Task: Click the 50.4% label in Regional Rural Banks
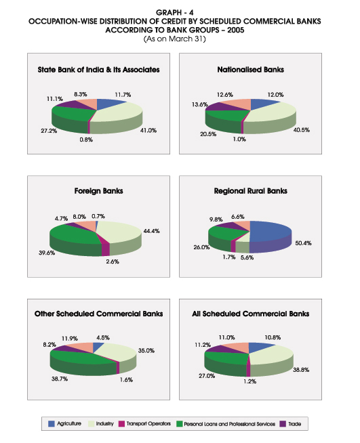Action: click(303, 243)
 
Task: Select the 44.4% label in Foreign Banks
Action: click(151, 231)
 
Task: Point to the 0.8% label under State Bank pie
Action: click(86, 140)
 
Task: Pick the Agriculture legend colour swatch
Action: click(51, 424)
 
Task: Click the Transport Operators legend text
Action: click(148, 424)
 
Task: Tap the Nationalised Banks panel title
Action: click(251, 70)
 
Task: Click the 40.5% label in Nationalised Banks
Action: click(302, 130)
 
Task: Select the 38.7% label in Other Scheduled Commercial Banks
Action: click(60, 379)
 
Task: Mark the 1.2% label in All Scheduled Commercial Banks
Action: click(250, 381)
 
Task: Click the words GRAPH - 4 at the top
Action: click(175, 12)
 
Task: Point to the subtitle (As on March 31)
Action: click(175, 39)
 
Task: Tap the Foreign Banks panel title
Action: click(99, 191)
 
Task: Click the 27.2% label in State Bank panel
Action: click(49, 131)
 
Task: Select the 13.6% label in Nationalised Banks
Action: click(199, 104)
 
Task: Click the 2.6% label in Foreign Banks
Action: click(113, 261)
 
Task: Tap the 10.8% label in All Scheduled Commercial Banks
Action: click(273, 337)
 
